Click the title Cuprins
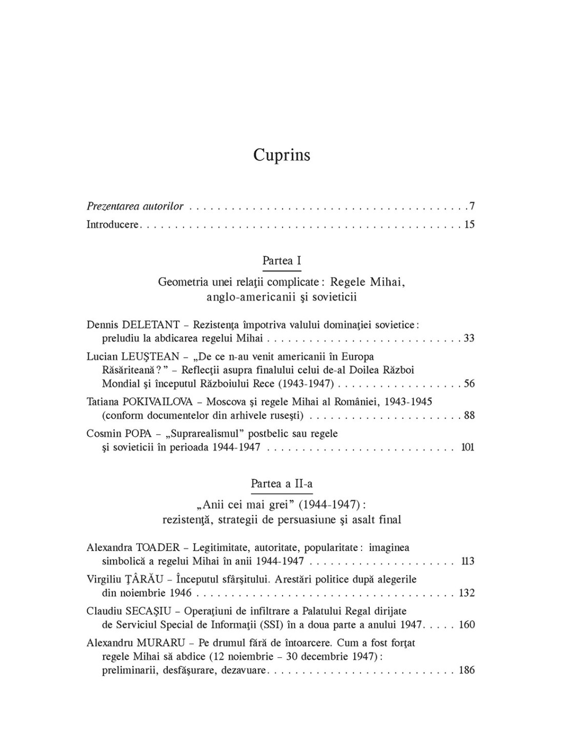point(281,155)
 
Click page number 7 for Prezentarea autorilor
point(472,207)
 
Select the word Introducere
point(112,225)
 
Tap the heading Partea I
point(281,260)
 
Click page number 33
point(469,338)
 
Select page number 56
point(469,383)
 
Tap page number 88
point(469,415)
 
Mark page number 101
point(468,447)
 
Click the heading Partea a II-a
point(281,483)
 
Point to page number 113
point(468,561)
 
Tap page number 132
point(467,593)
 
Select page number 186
point(467,670)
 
